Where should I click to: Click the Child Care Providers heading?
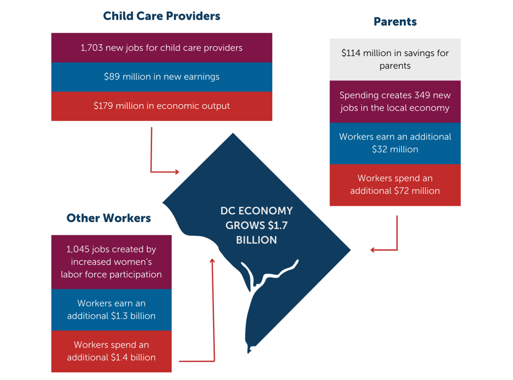(162, 16)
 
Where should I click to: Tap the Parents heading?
(395, 22)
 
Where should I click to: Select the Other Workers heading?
(109, 218)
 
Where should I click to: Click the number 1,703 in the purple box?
(92, 48)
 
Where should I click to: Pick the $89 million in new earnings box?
(162, 77)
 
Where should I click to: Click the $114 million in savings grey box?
(395, 59)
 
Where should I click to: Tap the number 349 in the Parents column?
(422, 95)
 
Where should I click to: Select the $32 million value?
(395, 149)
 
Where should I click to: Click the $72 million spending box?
(395, 185)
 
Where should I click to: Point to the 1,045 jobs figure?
(78, 249)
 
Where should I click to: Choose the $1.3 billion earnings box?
(111, 310)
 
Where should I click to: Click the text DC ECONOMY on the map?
(256, 211)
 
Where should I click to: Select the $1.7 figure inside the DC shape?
(278, 225)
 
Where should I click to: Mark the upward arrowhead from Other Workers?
(212, 261)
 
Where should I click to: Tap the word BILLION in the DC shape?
(256, 240)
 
